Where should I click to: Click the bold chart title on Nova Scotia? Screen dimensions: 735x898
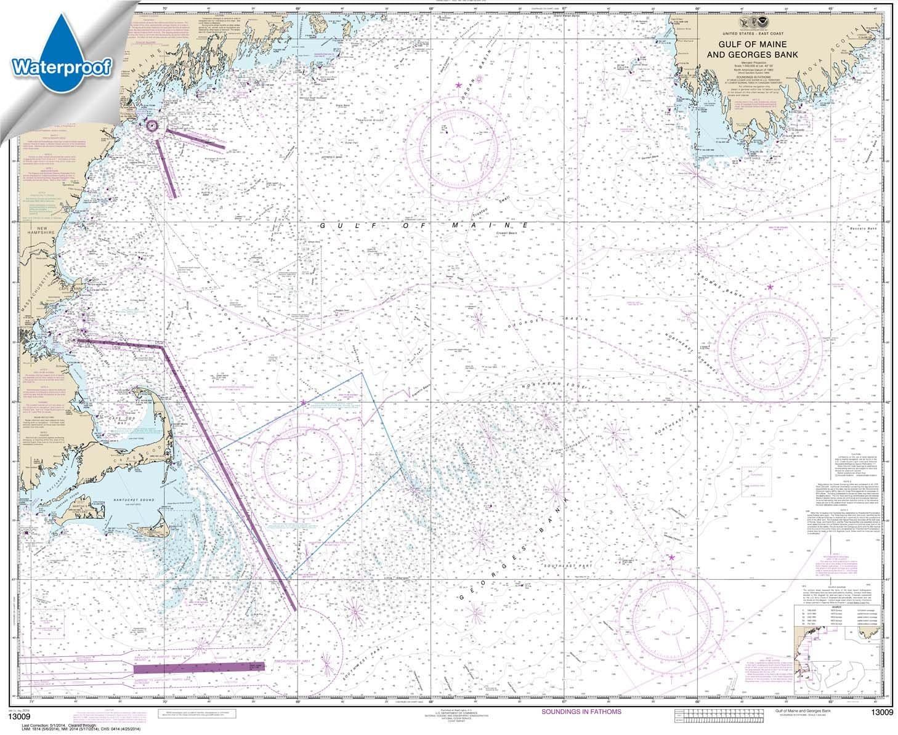click(761, 50)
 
